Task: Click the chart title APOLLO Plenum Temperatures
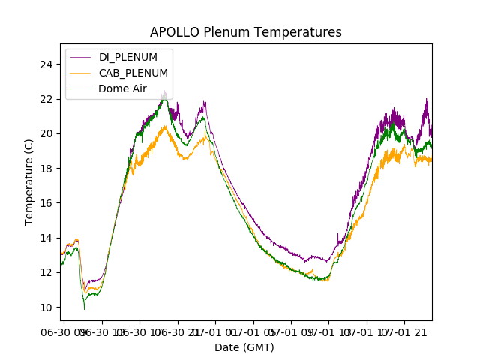245,32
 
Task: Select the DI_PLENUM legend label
128,58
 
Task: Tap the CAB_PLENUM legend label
133,73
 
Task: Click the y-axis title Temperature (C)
28,182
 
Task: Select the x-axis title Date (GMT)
244,347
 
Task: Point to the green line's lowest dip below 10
84,308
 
